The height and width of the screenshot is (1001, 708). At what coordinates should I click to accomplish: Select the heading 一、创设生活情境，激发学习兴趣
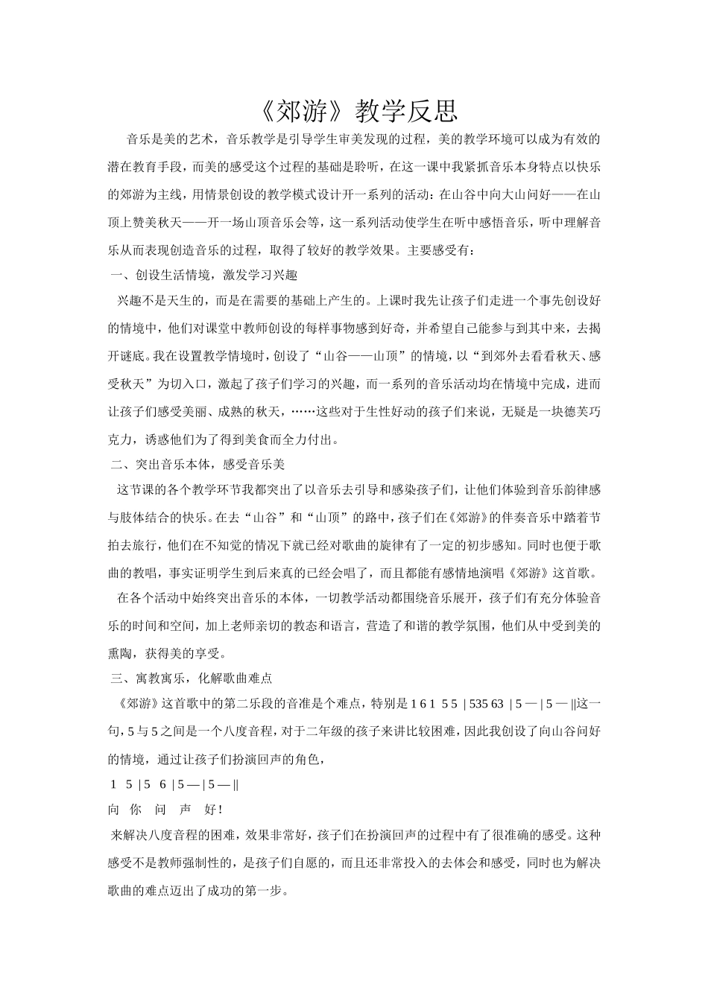(x=204, y=276)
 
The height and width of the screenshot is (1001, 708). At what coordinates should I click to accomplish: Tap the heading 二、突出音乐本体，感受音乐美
(x=198, y=465)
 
